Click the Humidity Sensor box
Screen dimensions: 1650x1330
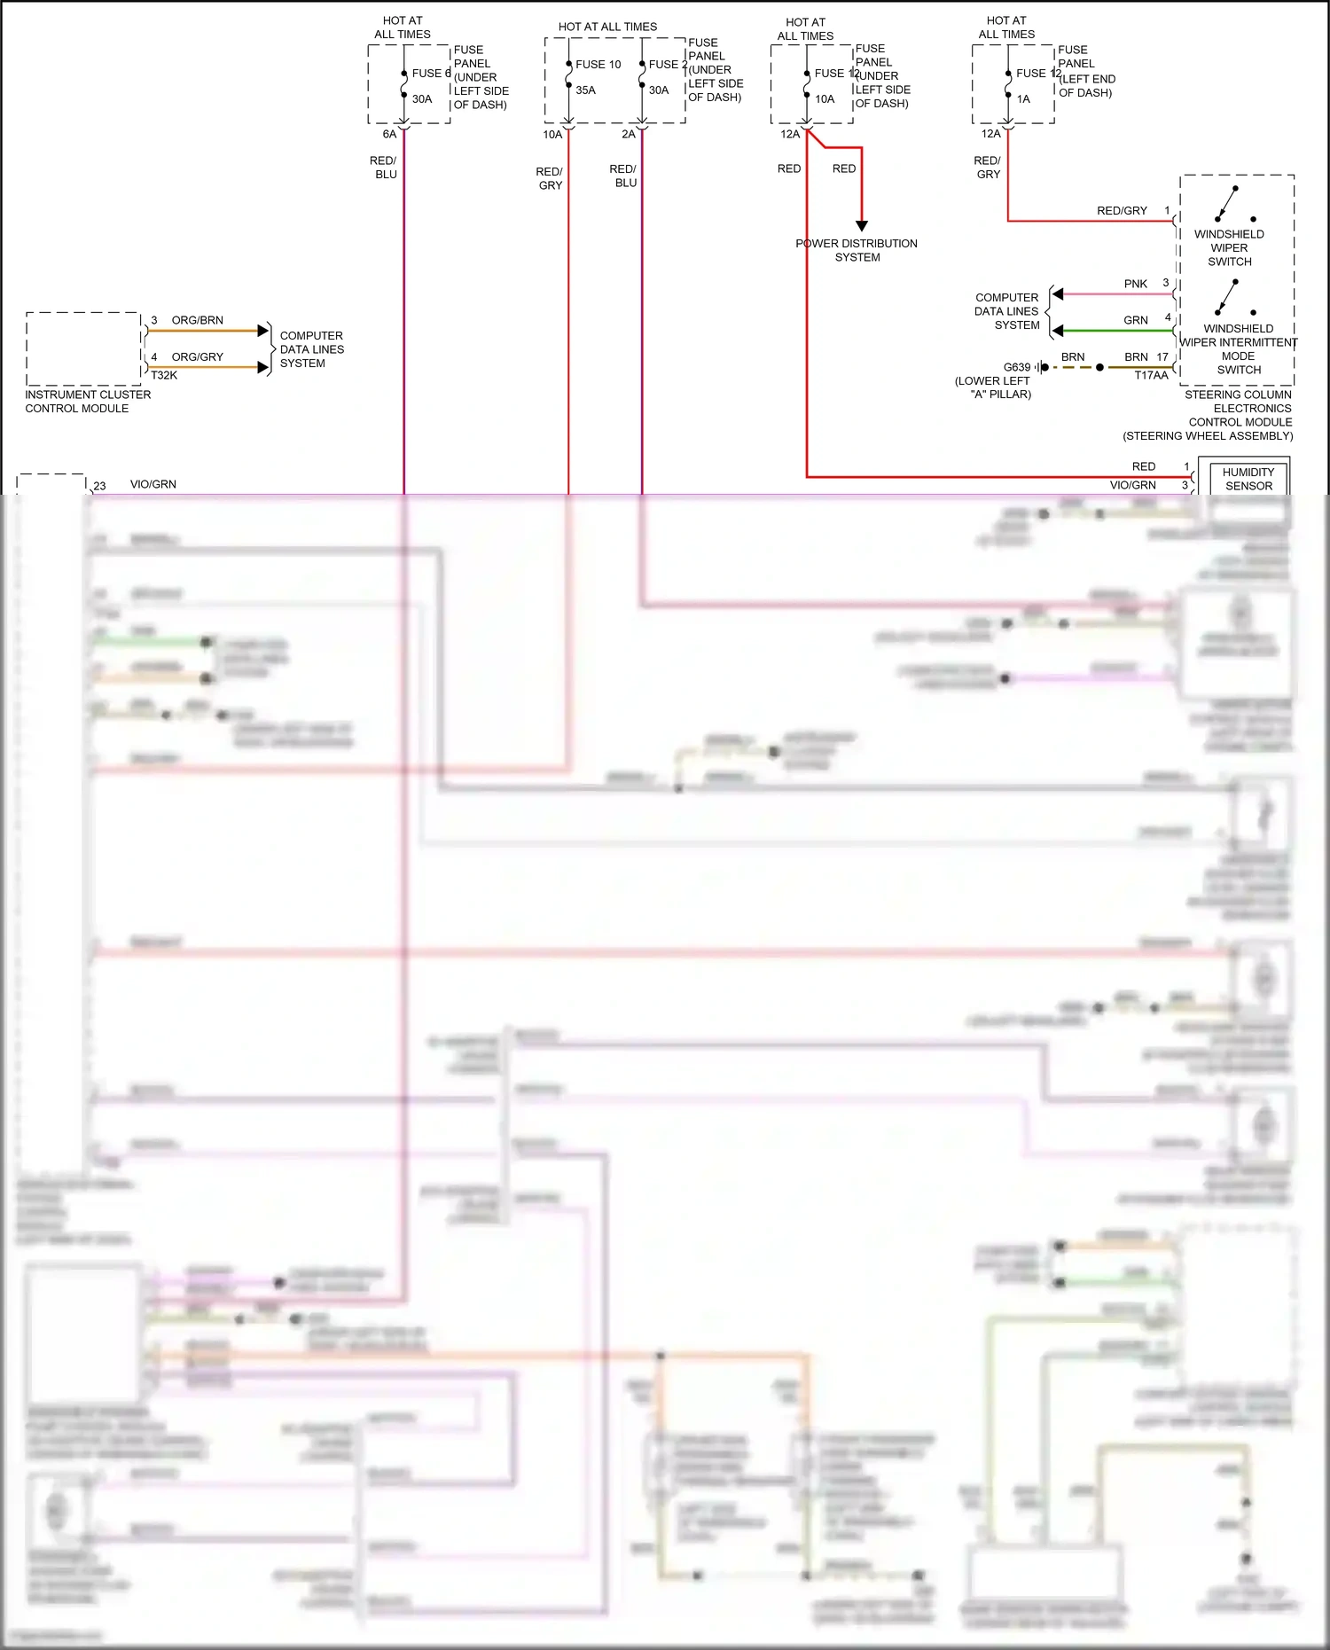coord(1248,479)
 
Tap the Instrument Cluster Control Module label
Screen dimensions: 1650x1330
coord(87,402)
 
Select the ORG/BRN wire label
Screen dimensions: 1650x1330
coord(197,320)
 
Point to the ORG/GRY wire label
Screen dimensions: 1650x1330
coord(197,357)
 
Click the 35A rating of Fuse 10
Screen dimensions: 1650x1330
coord(585,90)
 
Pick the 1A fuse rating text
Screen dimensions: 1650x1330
coord(1023,99)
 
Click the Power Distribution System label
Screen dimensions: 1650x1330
coord(857,250)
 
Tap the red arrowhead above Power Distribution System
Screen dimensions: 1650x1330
coord(861,226)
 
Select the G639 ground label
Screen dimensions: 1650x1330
coord(1016,367)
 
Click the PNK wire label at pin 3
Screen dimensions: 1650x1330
coord(1135,284)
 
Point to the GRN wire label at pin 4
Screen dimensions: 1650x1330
coord(1135,320)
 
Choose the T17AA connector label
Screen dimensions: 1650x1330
coord(1151,376)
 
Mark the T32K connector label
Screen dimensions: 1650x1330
coord(164,376)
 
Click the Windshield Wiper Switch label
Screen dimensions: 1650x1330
coord(1229,248)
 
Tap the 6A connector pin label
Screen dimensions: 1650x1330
coord(389,135)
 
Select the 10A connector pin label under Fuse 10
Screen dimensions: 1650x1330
coord(552,135)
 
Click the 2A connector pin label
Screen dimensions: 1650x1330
coord(629,135)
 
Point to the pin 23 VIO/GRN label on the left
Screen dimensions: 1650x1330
coord(153,485)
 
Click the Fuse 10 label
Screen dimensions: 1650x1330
coord(598,65)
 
